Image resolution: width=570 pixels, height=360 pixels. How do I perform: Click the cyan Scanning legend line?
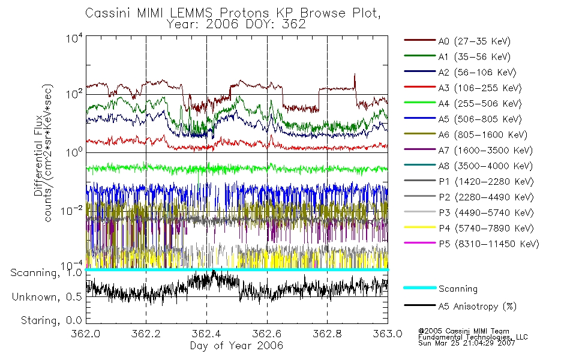(419, 288)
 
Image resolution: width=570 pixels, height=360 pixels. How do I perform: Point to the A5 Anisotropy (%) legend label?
(477, 307)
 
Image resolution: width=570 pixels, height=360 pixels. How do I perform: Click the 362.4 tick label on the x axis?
(206, 334)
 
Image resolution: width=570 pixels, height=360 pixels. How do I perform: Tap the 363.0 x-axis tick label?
(387, 334)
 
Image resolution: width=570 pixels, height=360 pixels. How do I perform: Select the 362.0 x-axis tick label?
(86, 334)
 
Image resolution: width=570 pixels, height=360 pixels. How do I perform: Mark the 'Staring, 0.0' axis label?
(50, 320)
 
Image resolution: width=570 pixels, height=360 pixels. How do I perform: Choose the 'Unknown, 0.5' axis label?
(47, 296)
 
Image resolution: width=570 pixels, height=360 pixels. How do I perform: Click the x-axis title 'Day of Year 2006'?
(236, 346)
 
